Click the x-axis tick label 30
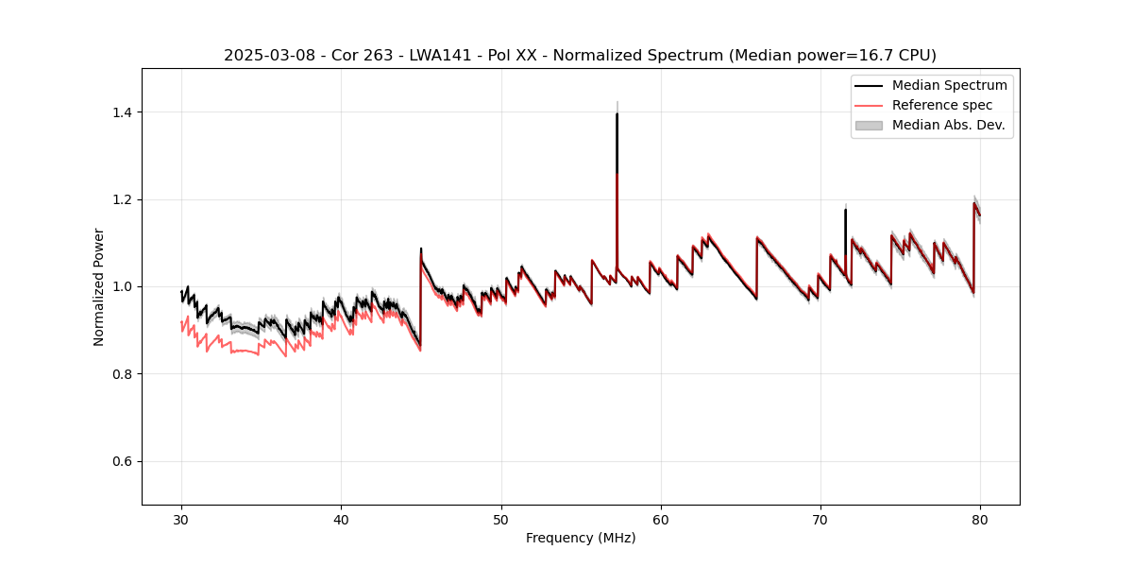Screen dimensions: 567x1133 181,520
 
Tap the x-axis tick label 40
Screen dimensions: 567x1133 341,520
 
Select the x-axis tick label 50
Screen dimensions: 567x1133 501,520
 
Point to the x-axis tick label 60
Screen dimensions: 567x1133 661,520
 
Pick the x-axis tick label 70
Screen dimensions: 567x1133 820,520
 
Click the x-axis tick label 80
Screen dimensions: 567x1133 980,520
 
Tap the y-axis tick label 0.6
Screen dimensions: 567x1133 121,461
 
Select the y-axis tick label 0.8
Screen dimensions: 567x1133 121,374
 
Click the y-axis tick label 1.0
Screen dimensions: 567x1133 121,286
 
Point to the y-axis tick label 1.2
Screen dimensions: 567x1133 121,199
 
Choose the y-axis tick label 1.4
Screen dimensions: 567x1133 121,112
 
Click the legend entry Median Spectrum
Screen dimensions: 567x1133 949,85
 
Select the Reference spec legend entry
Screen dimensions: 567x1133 942,105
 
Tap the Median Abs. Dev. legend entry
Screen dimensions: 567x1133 948,125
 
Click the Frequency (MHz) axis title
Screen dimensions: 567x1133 581,538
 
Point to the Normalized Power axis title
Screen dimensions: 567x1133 99,286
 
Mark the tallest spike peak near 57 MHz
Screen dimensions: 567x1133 617,114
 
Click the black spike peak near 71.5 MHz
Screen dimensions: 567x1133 845,210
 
